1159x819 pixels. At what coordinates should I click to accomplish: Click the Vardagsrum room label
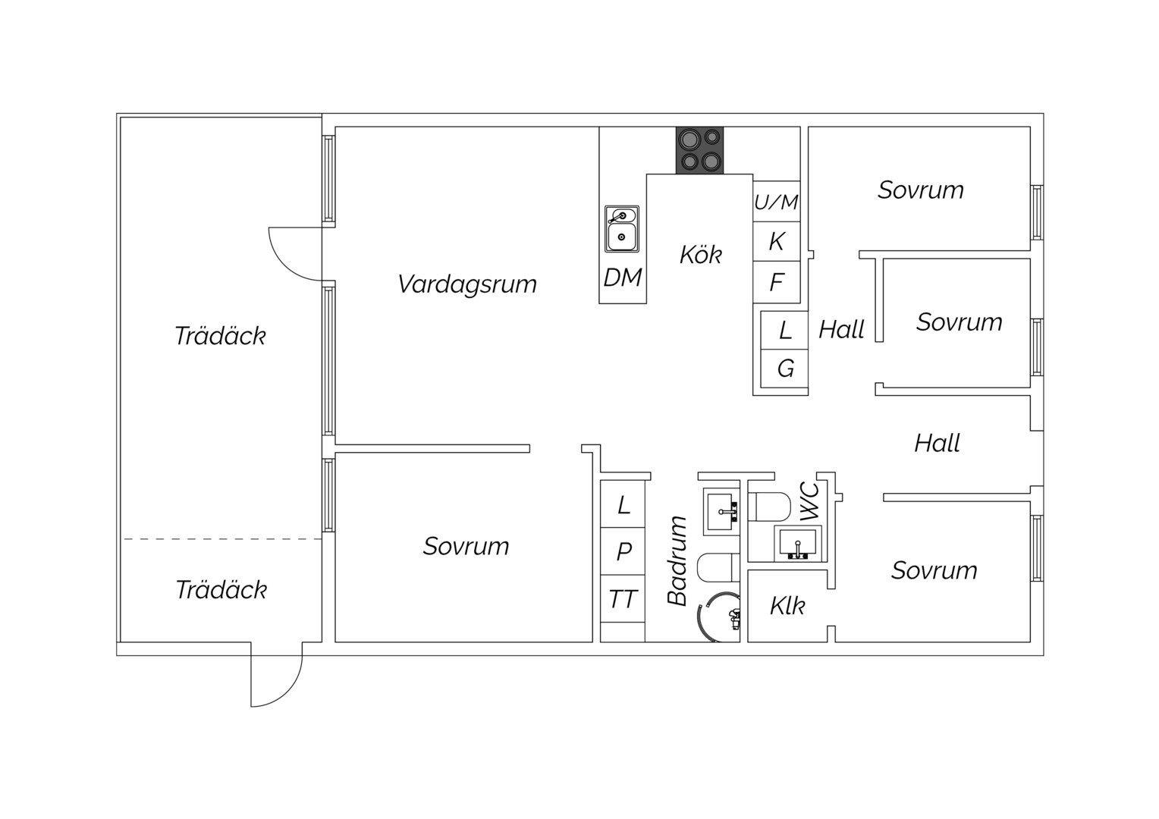click(x=467, y=284)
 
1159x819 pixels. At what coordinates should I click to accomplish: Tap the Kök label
click(x=701, y=254)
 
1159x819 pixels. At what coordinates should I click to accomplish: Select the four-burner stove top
click(x=699, y=150)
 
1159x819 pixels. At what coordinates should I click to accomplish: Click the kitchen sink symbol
click(x=622, y=229)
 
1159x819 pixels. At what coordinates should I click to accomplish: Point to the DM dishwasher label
click(x=623, y=278)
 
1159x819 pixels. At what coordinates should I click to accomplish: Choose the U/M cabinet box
click(x=777, y=201)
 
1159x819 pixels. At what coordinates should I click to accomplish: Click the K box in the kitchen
click(x=777, y=242)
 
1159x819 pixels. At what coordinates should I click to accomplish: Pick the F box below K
click(x=777, y=282)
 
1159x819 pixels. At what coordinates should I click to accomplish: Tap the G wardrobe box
click(x=784, y=369)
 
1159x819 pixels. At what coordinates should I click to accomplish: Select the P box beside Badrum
click(x=623, y=551)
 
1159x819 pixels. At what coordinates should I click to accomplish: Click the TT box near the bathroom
click(x=623, y=599)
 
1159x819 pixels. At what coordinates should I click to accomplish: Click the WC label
click(x=810, y=501)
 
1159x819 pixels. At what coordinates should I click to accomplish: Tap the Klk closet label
click(x=787, y=606)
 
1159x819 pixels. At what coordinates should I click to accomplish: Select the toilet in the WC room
click(x=769, y=507)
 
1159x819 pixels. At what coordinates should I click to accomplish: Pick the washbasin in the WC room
click(x=798, y=544)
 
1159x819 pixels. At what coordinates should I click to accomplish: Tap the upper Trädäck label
click(x=221, y=336)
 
